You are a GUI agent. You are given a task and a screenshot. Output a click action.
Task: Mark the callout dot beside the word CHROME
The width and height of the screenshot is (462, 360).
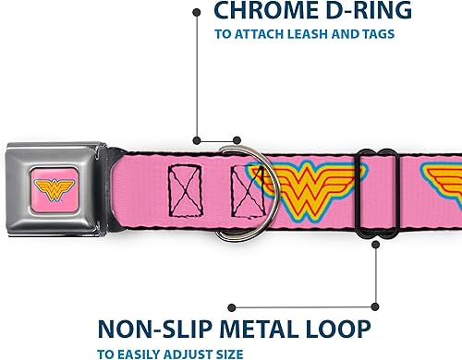[x=195, y=12]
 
